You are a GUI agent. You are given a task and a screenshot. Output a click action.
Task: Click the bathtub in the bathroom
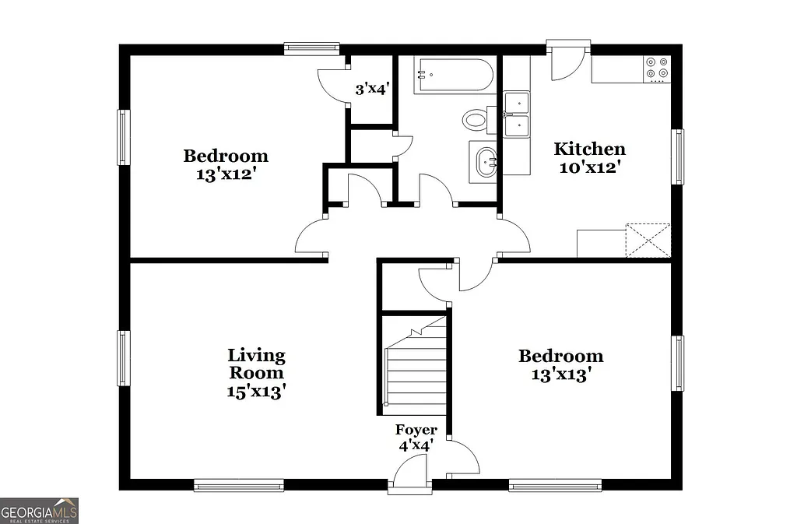pyautogui.click(x=453, y=76)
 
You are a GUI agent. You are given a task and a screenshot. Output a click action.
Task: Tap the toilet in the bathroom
pyautogui.click(x=475, y=120)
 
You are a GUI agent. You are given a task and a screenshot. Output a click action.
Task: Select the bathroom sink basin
pyautogui.click(x=486, y=162)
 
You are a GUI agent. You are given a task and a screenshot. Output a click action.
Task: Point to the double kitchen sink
pyautogui.click(x=516, y=114)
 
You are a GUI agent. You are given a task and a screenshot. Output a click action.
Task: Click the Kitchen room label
pyautogui.click(x=589, y=149)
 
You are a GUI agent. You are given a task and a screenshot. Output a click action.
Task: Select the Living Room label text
pyautogui.click(x=256, y=364)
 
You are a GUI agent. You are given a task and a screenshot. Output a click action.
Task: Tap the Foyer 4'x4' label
pyautogui.click(x=416, y=438)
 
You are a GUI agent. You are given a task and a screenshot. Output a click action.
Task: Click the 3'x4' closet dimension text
pyautogui.click(x=372, y=90)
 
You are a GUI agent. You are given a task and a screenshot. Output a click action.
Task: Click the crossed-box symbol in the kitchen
pyautogui.click(x=648, y=239)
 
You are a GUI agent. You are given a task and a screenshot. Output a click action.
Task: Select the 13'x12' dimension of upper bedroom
pyautogui.click(x=226, y=174)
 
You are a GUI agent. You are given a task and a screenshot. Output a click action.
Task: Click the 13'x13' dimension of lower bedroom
pyautogui.click(x=560, y=375)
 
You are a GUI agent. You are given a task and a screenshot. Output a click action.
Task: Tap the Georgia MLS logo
pyautogui.click(x=39, y=511)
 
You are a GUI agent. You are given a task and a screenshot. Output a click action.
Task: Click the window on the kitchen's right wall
pyautogui.click(x=678, y=156)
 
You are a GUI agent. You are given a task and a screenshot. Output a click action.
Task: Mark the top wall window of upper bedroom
pyautogui.click(x=311, y=48)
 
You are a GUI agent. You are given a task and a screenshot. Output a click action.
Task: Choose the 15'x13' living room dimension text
pyautogui.click(x=256, y=392)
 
